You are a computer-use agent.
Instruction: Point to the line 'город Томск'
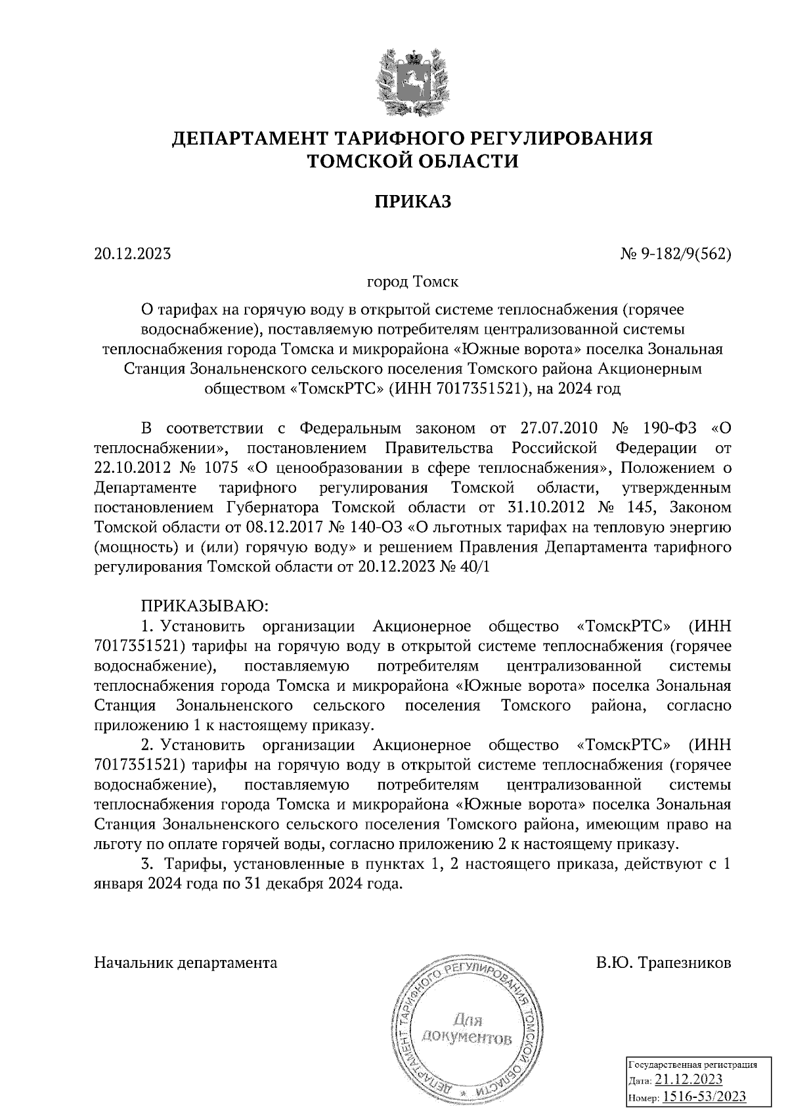tap(412, 282)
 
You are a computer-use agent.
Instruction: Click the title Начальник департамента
tap(186, 963)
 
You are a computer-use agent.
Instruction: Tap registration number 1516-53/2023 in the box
tap(704, 1097)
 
